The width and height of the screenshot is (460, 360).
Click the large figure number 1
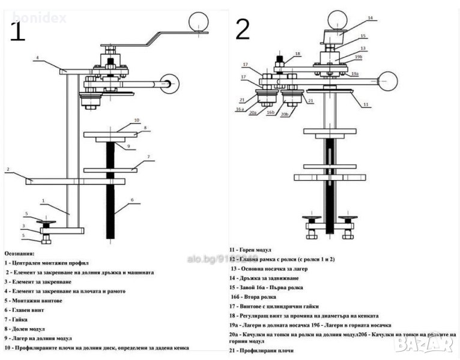(x=17, y=31)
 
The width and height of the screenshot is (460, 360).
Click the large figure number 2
(x=242, y=29)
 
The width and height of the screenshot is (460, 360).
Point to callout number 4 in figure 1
(x=37, y=58)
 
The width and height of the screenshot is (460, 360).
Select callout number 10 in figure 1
(x=136, y=121)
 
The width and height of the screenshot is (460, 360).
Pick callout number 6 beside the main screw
(x=132, y=199)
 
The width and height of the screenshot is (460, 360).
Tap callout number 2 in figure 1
(x=7, y=170)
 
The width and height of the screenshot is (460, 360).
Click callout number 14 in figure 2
(x=370, y=18)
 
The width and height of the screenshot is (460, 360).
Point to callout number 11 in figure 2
(x=366, y=104)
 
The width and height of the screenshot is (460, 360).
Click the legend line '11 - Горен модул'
(x=250, y=249)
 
